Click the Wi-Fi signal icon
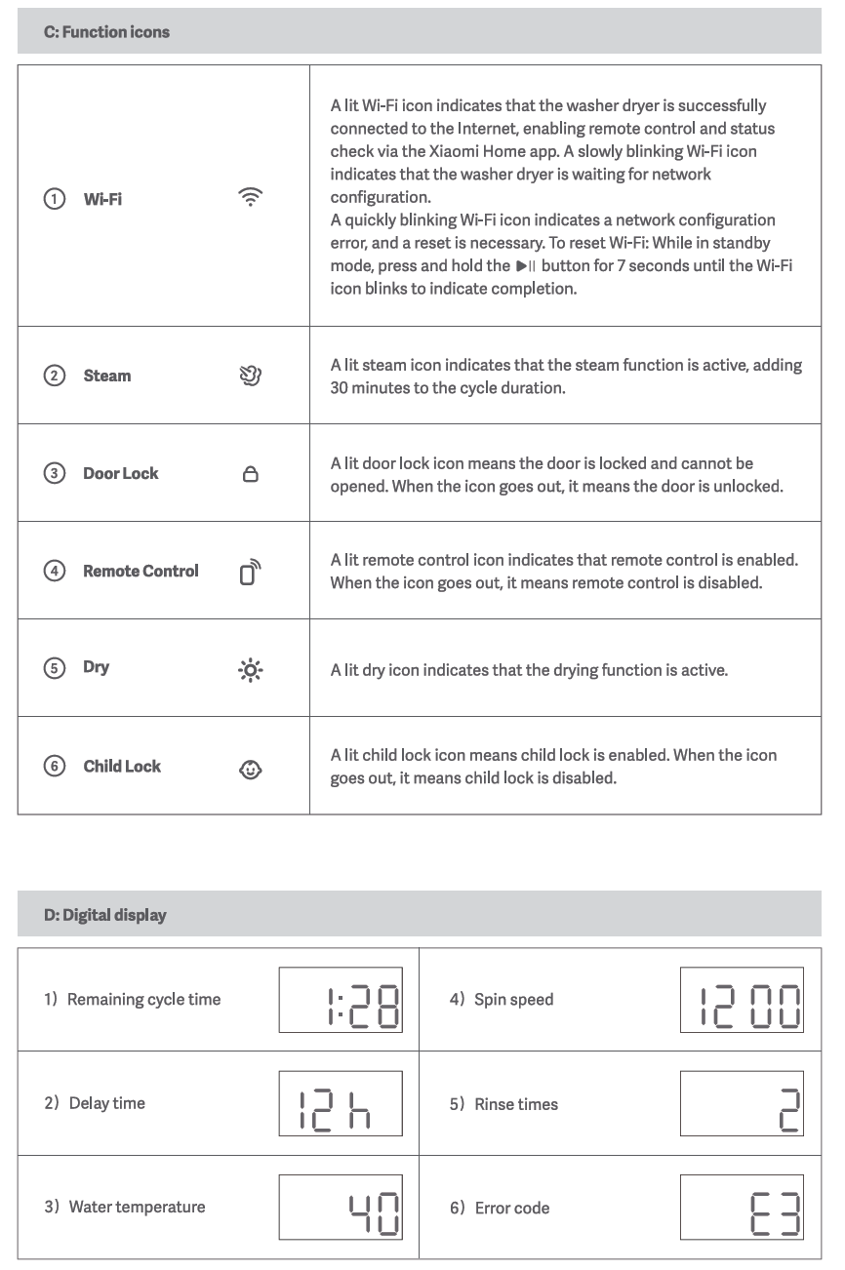[x=250, y=197]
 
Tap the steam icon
[x=250, y=376]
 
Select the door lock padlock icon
[x=250, y=474]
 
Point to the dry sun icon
[x=251, y=670]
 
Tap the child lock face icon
[x=250, y=770]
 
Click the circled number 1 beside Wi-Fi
[x=55, y=199]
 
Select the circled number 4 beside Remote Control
[x=55, y=572]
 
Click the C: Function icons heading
[x=106, y=32]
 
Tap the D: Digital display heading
[x=104, y=915]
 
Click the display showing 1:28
[x=341, y=1000]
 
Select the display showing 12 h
[x=341, y=1103]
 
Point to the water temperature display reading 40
[x=341, y=1207]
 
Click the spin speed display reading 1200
[x=742, y=1000]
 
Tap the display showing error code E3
[x=742, y=1208]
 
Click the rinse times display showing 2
[x=742, y=1104]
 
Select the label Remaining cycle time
[x=143, y=1000]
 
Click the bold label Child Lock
[x=122, y=767]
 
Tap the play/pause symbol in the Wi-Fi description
[x=526, y=266]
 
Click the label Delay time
[x=106, y=1103]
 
